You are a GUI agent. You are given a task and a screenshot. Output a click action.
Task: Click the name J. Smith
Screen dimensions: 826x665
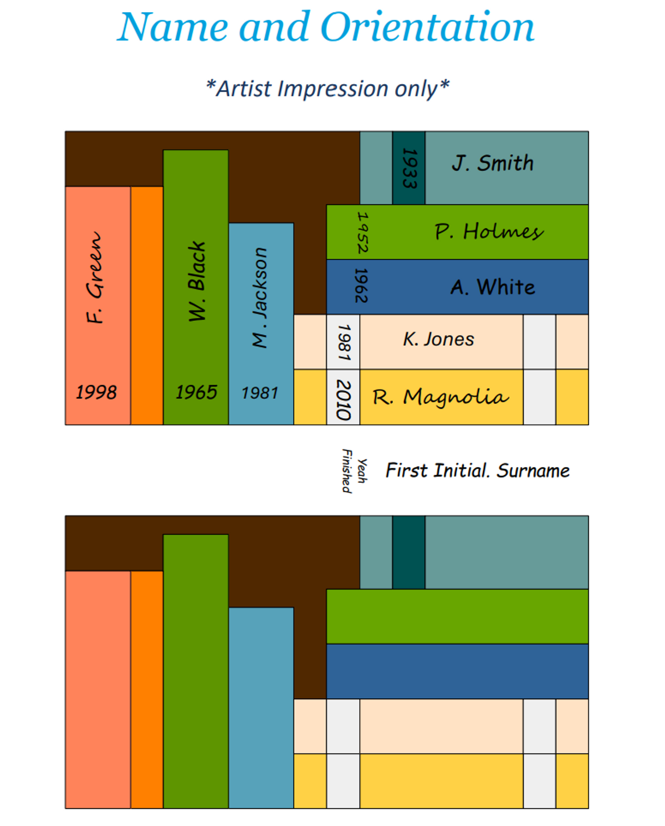coord(493,163)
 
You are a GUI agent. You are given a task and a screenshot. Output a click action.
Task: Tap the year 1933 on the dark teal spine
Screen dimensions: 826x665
coord(409,168)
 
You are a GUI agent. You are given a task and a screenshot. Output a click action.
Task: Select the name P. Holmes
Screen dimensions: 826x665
coord(489,232)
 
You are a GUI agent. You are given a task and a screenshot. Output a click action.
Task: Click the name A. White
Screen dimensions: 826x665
coord(493,287)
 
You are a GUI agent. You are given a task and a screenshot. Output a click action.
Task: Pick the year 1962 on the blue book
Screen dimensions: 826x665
coord(361,286)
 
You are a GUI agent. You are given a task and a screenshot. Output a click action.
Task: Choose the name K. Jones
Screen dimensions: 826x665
coord(438,339)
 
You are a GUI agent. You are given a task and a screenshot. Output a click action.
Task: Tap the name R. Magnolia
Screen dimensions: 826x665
coord(440,397)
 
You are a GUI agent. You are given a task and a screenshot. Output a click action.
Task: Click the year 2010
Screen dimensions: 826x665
coord(344,399)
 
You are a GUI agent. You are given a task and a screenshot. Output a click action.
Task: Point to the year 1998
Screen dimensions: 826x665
coord(96,392)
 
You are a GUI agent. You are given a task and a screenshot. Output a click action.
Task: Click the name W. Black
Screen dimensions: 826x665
coord(197,281)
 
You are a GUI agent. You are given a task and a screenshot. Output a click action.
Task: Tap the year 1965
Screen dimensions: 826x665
coord(196,392)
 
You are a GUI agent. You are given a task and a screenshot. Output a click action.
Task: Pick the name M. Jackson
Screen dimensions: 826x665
coord(260,297)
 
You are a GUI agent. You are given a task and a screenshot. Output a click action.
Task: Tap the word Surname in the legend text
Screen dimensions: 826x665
coord(533,470)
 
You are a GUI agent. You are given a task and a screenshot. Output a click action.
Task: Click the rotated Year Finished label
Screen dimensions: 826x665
coord(354,471)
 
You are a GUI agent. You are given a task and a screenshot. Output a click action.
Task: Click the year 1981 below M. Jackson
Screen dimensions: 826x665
coord(260,393)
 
